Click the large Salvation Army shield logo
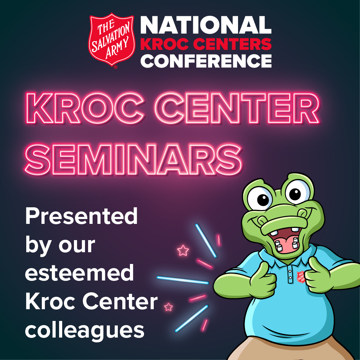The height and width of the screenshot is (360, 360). (x=112, y=39)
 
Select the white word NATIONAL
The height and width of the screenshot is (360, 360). (x=206, y=25)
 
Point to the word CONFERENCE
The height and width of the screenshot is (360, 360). (x=206, y=61)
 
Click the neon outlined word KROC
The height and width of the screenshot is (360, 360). (x=85, y=108)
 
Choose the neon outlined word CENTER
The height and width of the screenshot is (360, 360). (x=237, y=108)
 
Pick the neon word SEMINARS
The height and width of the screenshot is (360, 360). (x=133, y=159)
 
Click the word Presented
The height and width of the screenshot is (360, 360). (x=81, y=216)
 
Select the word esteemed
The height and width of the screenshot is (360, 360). (x=79, y=273)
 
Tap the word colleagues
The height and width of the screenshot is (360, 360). (x=85, y=331)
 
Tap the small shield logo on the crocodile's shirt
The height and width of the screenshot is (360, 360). (x=301, y=277)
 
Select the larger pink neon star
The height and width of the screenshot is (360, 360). (x=183, y=250)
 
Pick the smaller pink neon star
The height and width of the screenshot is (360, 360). (x=168, y=307)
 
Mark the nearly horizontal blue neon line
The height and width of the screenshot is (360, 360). (x=182, y=280)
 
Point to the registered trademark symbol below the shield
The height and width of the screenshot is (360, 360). (x=115, y=67)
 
